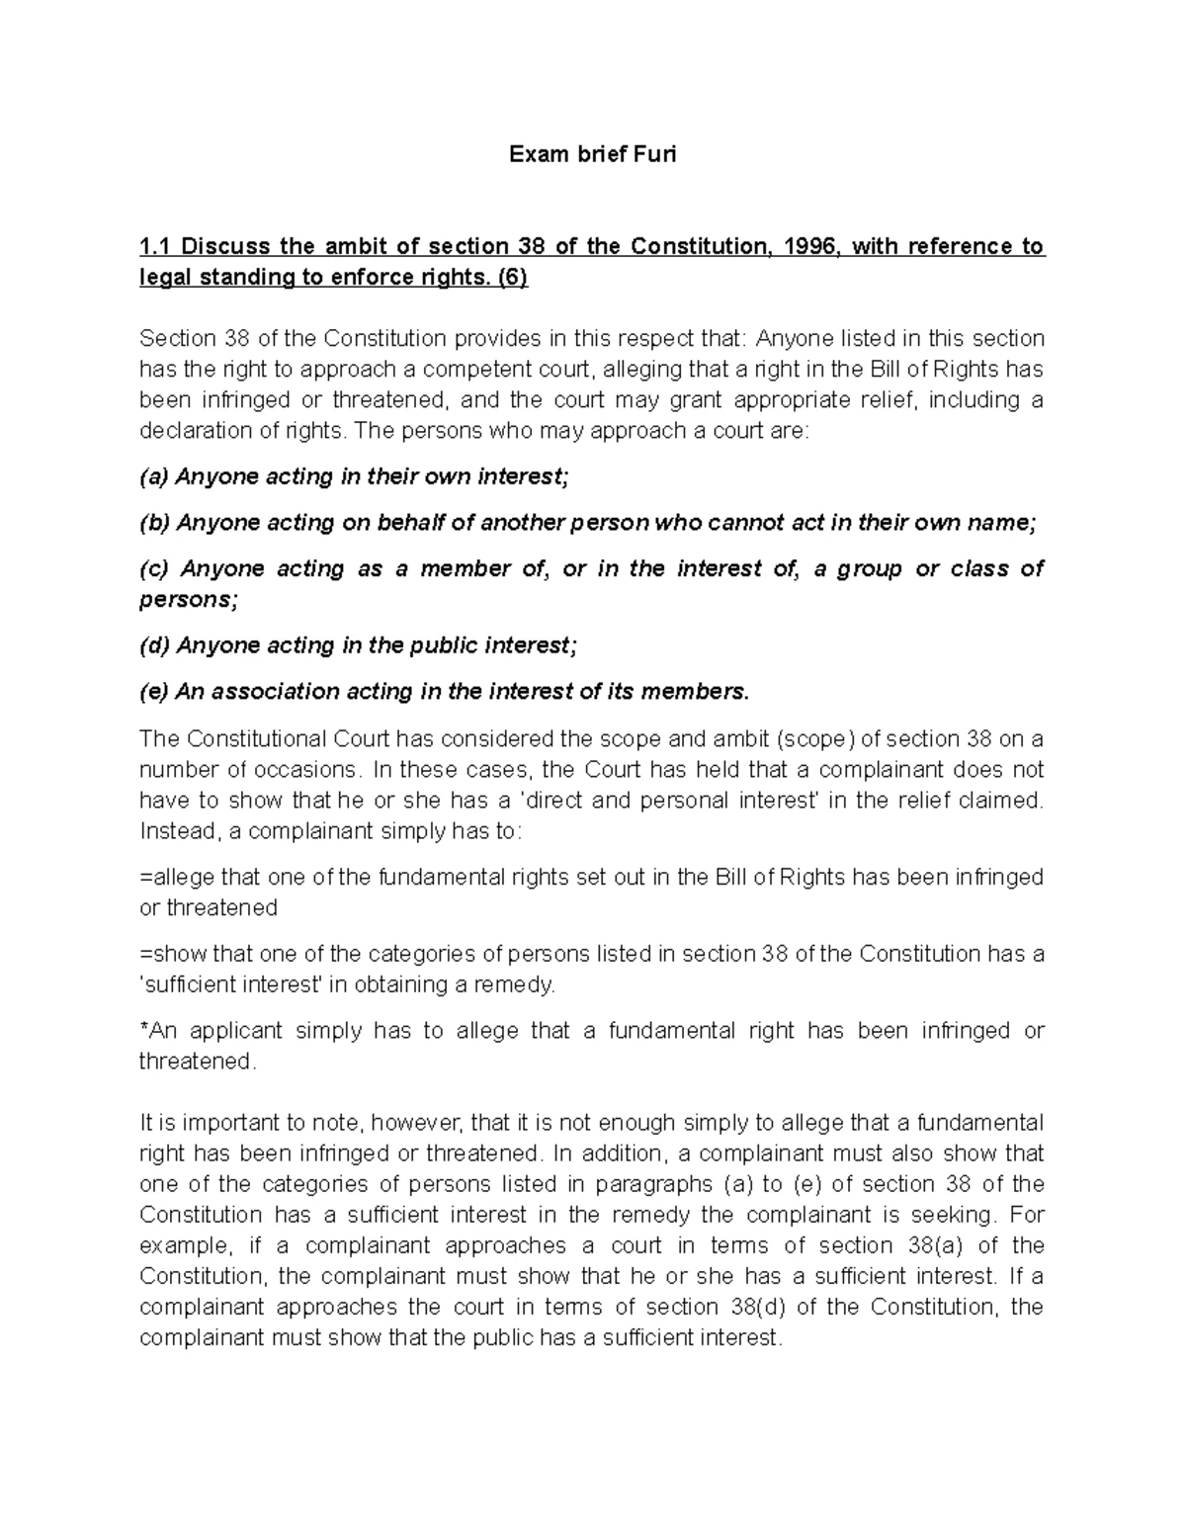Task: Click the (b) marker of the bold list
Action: [154, 523]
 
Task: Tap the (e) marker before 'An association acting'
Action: [154, 692]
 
